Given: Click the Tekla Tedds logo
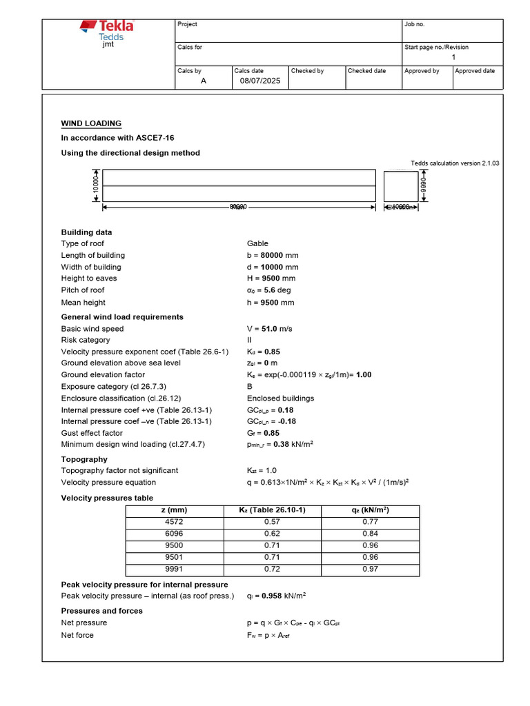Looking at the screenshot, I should pyautogui.click(x=106, y=31).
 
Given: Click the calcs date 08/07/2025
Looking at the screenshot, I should pyautogui.click(x=260, y=81).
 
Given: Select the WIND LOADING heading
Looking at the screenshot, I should pyautogui.click(x=91, y=123).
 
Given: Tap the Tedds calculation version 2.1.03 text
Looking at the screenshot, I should pyautogui.click(x=455, y=163).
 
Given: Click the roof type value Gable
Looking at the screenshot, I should pyautogui.click(x=257, y=243).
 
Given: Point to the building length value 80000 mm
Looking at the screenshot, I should pyautogui.click(x=273, y=255).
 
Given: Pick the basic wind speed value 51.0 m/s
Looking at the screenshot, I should pyautogui.click(x=269, y=329).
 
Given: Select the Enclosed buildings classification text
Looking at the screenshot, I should pyautogui.click(x=280, y=399).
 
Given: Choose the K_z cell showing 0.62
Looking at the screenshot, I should pyautogui.click(x=272, y=534).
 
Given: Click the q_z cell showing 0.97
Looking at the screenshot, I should pyautogui.click(x=370, y=569).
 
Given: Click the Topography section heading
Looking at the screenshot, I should pyautogui.click(x=84, y=459).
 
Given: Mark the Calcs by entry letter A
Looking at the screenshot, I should pyautogui.click(x=203, y=81).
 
